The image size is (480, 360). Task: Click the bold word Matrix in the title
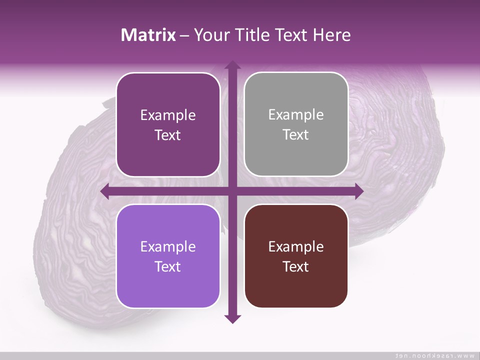point(148,35)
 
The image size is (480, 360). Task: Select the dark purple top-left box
point(168,124)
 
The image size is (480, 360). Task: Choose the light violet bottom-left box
point(168,256)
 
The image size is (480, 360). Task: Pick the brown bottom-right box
point(296,256)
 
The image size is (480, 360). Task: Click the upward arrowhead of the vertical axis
point(232,66)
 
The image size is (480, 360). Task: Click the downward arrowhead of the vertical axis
point(232,318)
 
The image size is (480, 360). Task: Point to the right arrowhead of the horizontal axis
point(358,191)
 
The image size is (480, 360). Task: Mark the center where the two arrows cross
point(232,191)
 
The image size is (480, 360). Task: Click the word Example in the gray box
point(296,114)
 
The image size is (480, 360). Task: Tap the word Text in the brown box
point(296,266)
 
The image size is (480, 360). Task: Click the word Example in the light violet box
point(168,246)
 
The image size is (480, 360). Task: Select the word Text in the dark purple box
point(168,135)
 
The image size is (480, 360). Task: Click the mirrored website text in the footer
point(434,355)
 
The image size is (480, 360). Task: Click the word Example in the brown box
point(296,246)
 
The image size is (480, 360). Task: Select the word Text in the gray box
point(296,134)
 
